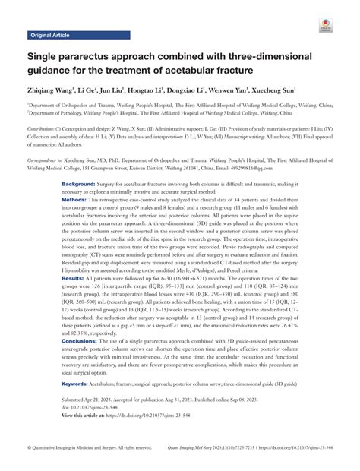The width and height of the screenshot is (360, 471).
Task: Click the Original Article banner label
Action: [x=49, y=36]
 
